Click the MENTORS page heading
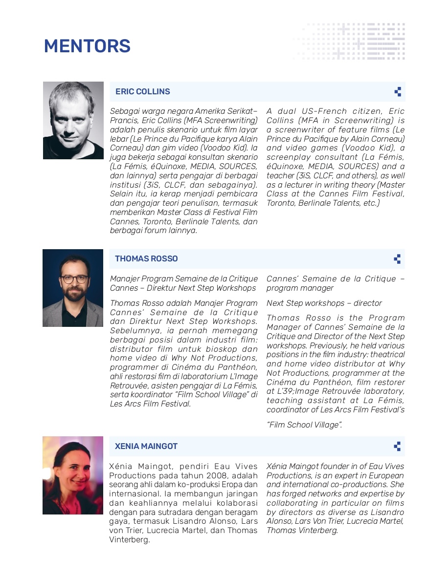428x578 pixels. coord(87,46)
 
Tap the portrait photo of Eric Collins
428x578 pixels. coord(73,120)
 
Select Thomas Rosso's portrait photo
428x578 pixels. coord(73,288)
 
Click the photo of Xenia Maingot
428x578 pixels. coord(73,475)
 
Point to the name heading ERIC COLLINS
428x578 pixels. coord(142,92)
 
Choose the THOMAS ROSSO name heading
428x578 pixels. coord(146,259)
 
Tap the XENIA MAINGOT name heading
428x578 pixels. coord(146,447)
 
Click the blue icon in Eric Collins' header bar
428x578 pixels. coord(398,92)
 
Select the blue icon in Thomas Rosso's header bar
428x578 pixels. coord(397,259)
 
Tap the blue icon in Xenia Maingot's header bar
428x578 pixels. coord(397,446)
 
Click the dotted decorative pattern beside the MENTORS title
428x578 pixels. coord(350,42)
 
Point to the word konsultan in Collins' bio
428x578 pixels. coord(186,157)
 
